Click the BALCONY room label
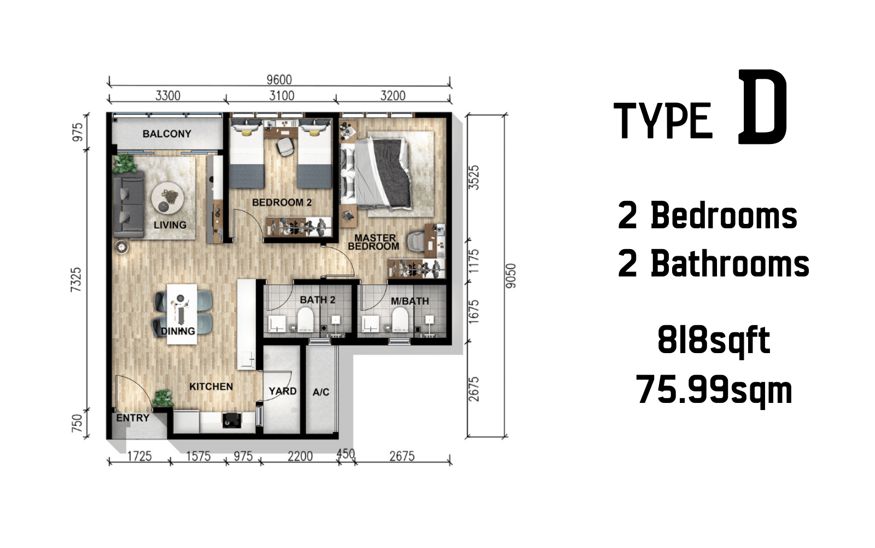[167, 134]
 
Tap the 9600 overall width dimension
[279, 80]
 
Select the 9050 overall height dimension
[511, 276]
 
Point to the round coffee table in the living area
[167, 198]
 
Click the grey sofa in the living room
[129, 204]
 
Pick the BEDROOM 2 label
[282, 202]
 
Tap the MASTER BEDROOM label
[374, 242]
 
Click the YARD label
[282, 391]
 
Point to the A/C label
[320, 392]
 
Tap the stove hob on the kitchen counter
[232, 420]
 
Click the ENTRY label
[133, 418]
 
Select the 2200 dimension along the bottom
[300, 456]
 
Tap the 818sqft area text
[714, 340]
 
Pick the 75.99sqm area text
[714, 390]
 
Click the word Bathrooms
[730, 263]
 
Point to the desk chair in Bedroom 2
[285, 147]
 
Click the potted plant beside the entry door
[163, 398]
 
